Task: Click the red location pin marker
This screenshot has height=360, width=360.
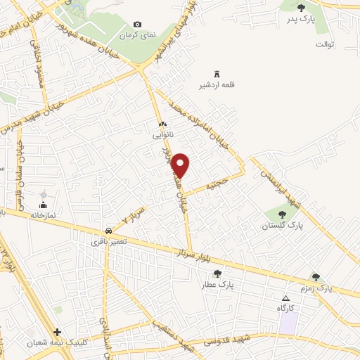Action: (x=181, y=165)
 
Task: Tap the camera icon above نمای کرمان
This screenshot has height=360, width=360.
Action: (x=137, y=25)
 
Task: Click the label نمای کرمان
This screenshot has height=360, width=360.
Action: (x=137, y=34)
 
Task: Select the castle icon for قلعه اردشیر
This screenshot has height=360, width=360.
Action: (x=216, y=75)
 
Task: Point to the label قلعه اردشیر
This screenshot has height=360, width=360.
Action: (x=216, y=86)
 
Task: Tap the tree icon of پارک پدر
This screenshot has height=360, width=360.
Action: (x=302, y=8)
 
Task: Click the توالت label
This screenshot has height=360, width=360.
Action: (x=324, y=44)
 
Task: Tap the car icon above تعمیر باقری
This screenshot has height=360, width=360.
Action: (x=108, y=231)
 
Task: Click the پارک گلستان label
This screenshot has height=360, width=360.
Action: (x=281, y=226)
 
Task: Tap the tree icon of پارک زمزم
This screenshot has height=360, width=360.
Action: (x=315, y=277)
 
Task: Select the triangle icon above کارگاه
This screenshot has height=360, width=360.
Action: (x=285, y=298)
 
